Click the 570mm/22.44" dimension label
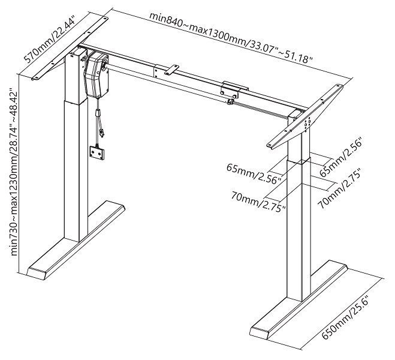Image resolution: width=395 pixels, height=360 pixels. tap(50, 40)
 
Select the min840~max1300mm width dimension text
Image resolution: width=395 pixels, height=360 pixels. tap(231, 37)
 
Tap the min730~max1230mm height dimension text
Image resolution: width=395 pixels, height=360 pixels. tap(14, 172)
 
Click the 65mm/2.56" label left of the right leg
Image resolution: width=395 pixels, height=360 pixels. tap(254, 173)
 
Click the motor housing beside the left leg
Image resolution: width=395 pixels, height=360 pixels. tap(96, 75)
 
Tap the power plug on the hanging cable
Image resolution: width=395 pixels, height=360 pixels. tap(101, 133)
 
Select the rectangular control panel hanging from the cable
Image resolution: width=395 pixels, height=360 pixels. tap(97, 153)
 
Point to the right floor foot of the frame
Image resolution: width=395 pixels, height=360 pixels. tap(299, 299)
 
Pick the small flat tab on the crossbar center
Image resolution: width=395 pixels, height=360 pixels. tap(171, 70)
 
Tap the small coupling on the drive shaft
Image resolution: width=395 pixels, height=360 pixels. tap(230, 101)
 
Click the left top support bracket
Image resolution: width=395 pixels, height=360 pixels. tap(70, 49)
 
